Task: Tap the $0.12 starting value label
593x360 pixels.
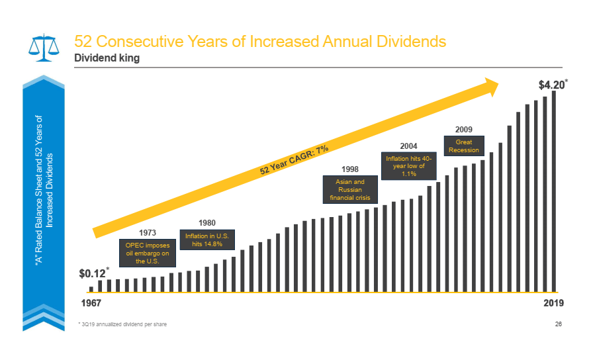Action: [93, 273]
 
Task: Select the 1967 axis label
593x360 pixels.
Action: [91, 303]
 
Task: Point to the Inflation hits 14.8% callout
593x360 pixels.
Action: [207, 240]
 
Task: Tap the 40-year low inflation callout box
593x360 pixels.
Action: [408, 166]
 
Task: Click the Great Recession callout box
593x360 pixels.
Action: [463, 146]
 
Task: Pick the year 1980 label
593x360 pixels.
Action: [207, 222]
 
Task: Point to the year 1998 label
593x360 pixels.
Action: [350, 169]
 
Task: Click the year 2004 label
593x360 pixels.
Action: [408, 145]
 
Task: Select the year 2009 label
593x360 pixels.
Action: [463, 128]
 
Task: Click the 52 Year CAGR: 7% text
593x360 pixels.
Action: [294, 160]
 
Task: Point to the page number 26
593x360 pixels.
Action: [557, 324]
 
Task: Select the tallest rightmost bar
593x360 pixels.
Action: [554, 192]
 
